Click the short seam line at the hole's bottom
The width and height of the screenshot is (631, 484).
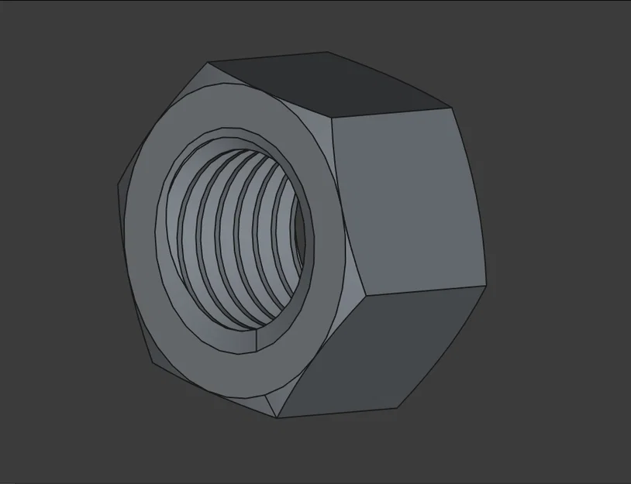(x=257, y=341)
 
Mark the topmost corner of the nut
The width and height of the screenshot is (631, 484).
(x=326, y=53)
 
